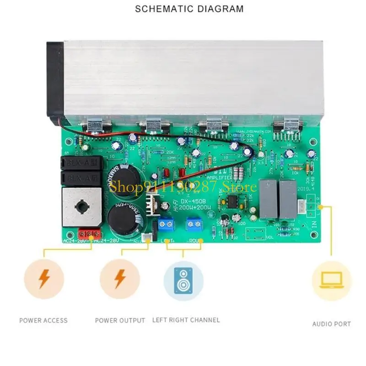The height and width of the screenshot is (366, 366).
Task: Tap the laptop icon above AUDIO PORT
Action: (331, 280)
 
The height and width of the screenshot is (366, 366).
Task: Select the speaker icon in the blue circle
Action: (183, 280)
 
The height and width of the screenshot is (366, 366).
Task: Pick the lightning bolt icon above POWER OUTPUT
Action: (120, 279)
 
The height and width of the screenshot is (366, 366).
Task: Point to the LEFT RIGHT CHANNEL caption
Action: (186, 320)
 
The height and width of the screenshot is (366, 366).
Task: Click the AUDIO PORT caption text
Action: (331, 324)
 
